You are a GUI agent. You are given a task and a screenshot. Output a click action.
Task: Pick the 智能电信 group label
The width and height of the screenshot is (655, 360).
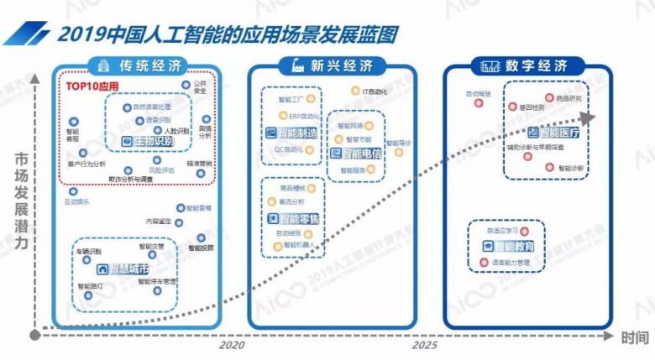click(x=357, y=153)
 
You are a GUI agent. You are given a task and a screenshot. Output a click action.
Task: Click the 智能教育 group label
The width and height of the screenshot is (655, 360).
click(x=512, y=246)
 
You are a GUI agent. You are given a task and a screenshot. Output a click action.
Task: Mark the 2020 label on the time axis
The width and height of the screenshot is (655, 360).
click(x=233, y=345)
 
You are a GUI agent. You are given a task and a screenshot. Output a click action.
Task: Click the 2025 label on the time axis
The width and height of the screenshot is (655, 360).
click(x=424, y=345)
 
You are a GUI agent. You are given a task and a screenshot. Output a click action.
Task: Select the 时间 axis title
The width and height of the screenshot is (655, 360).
click(x=635, y=337)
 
